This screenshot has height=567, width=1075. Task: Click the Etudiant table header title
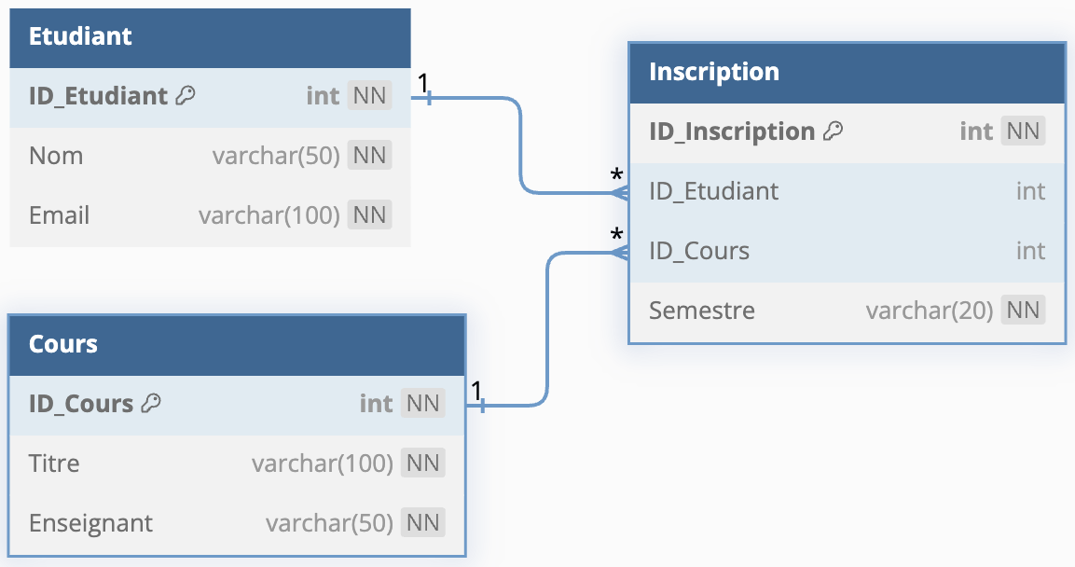(80, 36)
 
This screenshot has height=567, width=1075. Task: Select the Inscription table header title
(713, 72)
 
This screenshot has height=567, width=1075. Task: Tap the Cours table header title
(63, 343)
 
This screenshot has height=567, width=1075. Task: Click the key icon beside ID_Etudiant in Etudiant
(186, 95)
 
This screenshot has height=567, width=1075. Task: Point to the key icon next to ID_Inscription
(833, 131)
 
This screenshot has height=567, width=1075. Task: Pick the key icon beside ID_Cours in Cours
(151, 403)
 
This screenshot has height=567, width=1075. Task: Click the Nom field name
(56, 156)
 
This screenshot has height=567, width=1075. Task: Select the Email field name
(59, 215)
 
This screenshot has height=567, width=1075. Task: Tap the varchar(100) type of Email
(269, 215)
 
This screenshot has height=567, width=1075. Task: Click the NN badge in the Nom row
(369, 155)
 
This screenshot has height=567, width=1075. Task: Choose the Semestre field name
(702, 311)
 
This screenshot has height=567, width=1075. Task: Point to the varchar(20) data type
(929, 311)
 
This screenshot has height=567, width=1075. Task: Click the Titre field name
(54, 463)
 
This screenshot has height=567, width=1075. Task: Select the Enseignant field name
(90, 523)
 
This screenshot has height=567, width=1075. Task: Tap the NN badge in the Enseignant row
(423, 522)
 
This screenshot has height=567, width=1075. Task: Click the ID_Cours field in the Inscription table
(699, 251)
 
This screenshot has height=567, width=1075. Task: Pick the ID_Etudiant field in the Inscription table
(713, 191)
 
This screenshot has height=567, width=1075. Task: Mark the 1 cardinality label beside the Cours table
(476, 391)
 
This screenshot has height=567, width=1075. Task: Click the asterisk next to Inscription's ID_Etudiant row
(617, 175)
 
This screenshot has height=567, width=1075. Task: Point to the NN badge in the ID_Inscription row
(1023, 131)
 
